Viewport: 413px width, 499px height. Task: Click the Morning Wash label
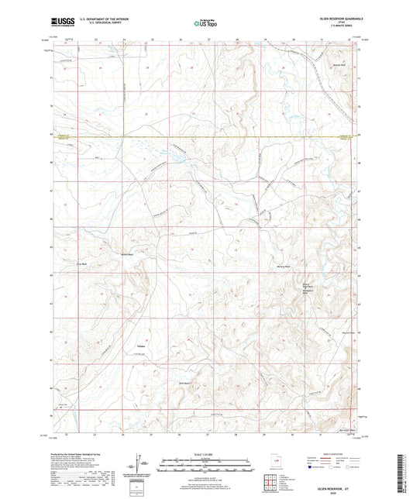click(283, 266)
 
